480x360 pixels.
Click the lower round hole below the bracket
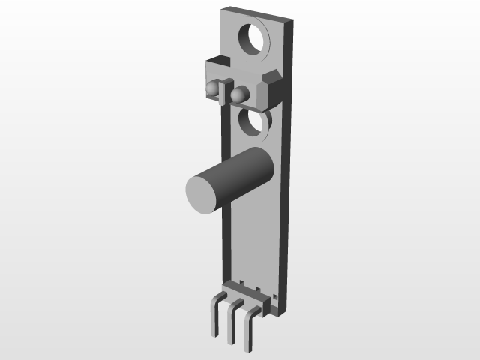point(253,122)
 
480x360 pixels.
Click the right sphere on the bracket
point(240,94)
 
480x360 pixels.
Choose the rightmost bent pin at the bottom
point(249,330)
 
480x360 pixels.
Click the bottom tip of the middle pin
point(231,342)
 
